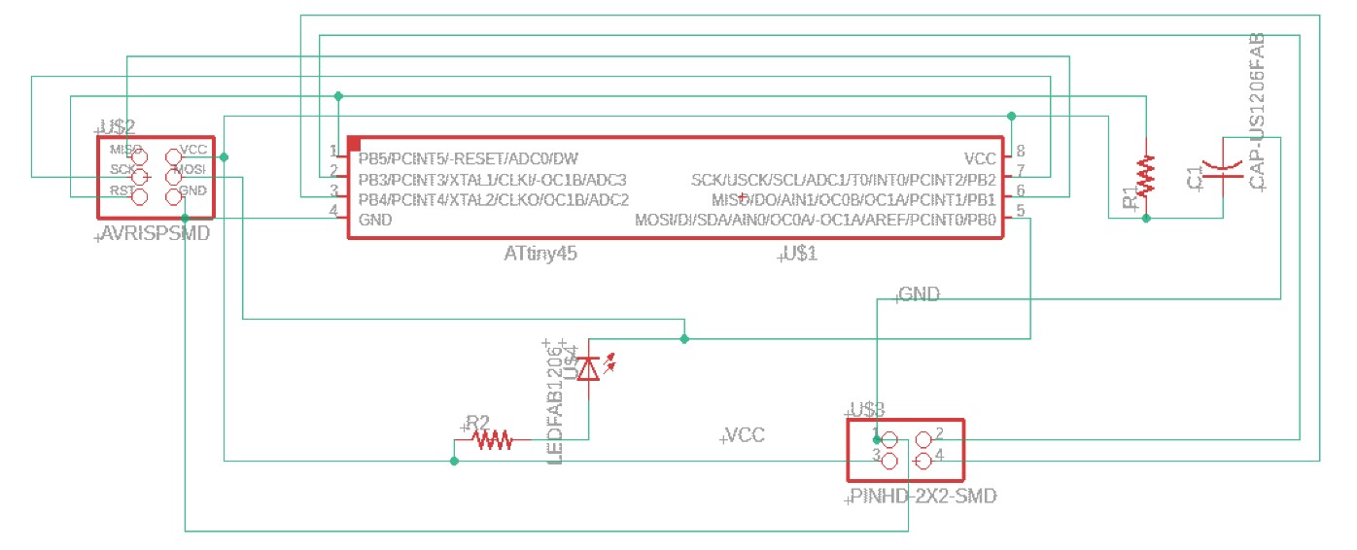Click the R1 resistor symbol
[1147, 175]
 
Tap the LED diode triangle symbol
[588, 369]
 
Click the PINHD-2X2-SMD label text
[923, 497]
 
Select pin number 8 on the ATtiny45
[1020, 151]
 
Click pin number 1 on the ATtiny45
[333, 151]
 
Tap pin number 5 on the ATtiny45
[1020, 211]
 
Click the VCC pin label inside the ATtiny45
[979, 158]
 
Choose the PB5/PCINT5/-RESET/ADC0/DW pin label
[468, 158]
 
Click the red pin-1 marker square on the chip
[355, 144]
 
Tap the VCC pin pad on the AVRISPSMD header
[173, 155]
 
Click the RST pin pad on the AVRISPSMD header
[139, 197]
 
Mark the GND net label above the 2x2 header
[919, 293]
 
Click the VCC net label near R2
[745, 435]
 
